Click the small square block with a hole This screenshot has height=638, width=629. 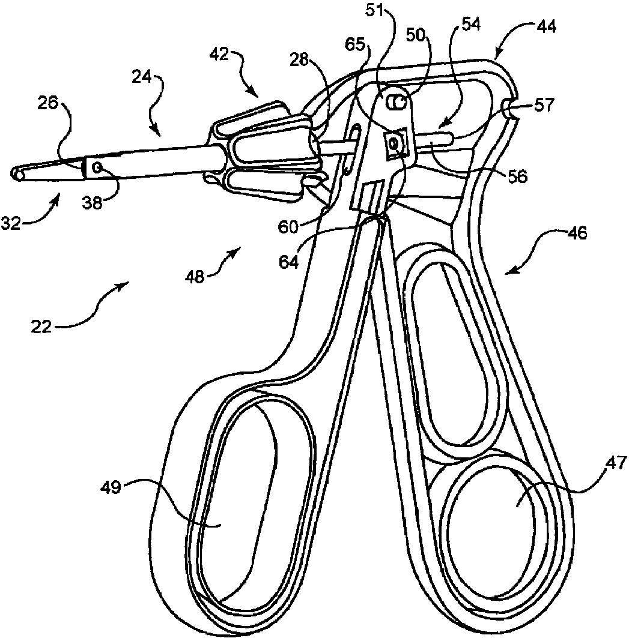[x=394, y=143]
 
